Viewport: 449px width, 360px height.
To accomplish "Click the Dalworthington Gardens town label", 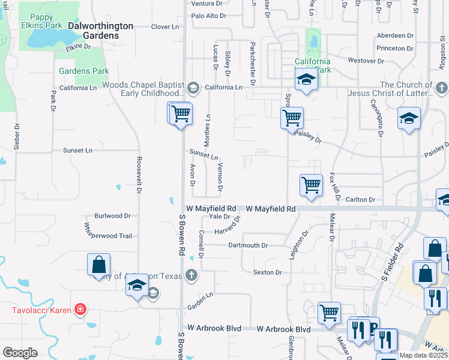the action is (x=92, y=31).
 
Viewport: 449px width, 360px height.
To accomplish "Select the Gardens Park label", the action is (x=83, y=71).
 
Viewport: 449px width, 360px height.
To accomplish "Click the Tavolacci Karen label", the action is (x=40, y=310).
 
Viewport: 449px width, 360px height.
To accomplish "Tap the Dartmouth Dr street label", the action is (x=247, y=245).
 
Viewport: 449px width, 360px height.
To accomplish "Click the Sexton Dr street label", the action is (x=267, y=272).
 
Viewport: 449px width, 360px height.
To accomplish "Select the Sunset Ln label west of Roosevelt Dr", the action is (x=77, y=150).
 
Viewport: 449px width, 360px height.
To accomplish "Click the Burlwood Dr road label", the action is (x=112, y=216).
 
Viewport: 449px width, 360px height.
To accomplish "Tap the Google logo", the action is (x=20, y=353).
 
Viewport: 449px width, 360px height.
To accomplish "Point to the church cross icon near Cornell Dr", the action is (x=191, y=275).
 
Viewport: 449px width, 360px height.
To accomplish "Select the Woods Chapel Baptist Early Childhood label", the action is (x=142, y=89).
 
